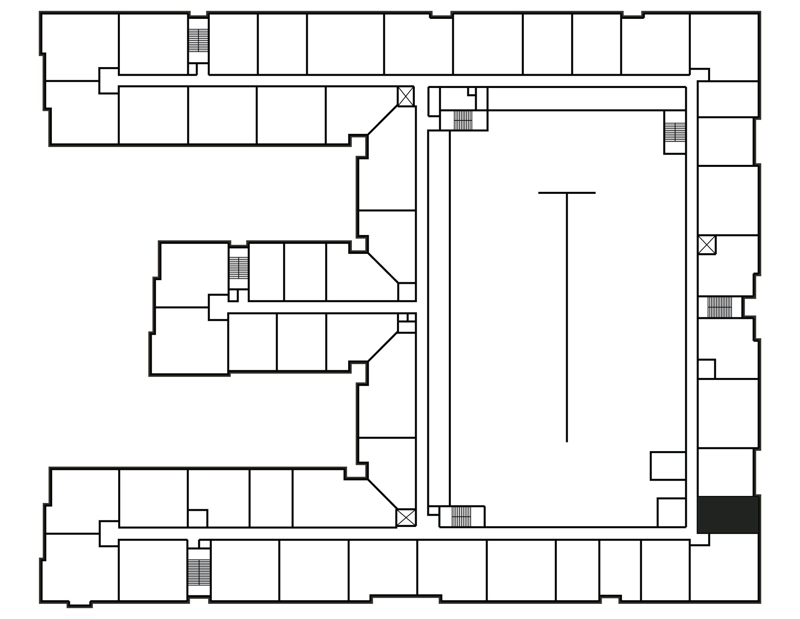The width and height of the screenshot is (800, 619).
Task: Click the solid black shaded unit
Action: [x=728, y=514]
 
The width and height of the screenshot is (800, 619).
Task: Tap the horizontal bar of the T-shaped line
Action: [x=567, y=193]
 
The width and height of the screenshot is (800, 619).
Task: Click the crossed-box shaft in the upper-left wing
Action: [x=406, y=96]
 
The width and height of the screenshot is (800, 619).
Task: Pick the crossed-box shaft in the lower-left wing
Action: [x=406, y=518]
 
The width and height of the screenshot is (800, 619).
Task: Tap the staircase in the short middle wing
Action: [x=238, y=268]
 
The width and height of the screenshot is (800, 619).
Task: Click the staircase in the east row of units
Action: [x=720, y=307]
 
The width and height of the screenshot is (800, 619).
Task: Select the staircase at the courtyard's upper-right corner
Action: [x=675, y=132]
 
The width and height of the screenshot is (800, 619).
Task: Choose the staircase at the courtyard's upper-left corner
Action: [x=463, y=120]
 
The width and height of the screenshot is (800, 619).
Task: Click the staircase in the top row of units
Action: [x=198, y=40]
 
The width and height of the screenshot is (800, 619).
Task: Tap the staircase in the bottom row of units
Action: [x=199, y=572]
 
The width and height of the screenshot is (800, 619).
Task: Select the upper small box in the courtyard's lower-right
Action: [x=668, y=466]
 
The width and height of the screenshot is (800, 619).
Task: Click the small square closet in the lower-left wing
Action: [x=197, y=519]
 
